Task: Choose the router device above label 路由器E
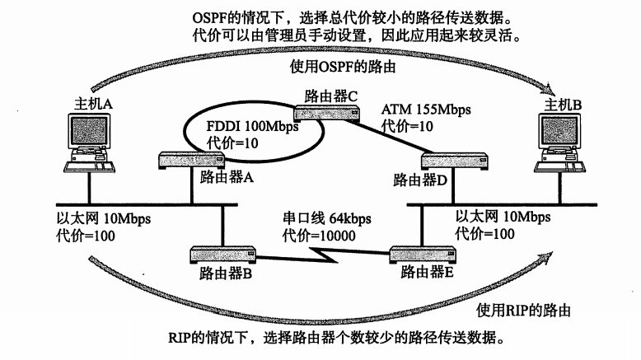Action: (x=422, y=254)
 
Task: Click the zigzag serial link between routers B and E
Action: (x=321, y=253)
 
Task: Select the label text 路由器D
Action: (x=419, y=179)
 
